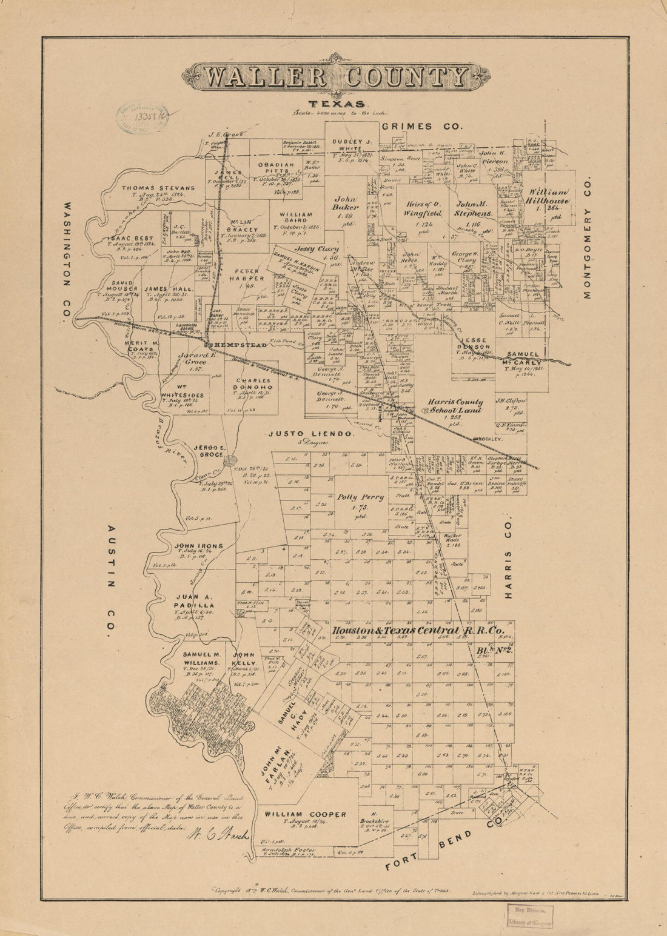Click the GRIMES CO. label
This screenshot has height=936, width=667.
422,127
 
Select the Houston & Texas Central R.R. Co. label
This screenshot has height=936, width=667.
418,631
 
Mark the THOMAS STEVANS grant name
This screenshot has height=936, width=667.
158,188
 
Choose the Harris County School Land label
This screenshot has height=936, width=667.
455,406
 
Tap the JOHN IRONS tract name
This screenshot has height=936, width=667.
198,546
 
